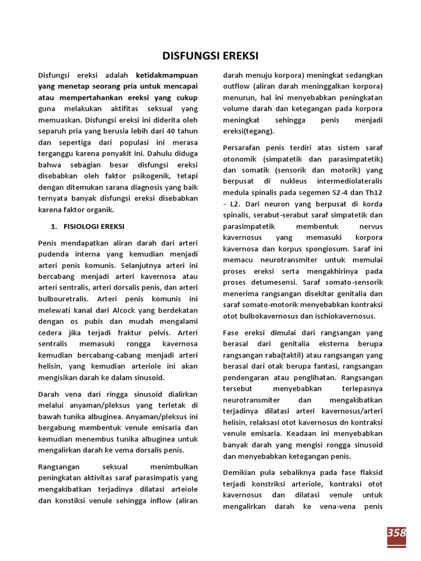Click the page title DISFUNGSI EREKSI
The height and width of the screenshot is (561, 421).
210,56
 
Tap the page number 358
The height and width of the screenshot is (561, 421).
396,533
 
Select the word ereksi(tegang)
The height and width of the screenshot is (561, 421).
249,131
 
